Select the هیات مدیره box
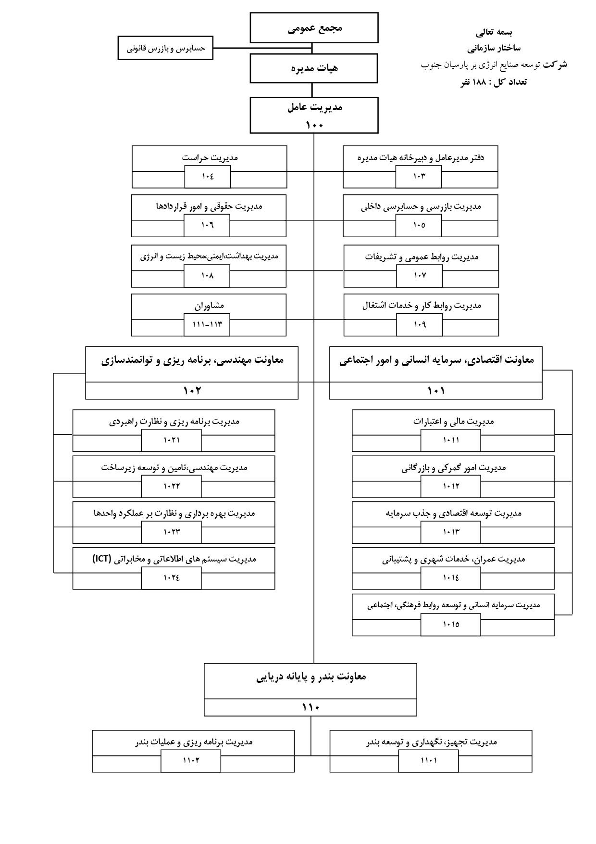314,68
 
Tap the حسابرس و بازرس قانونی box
165,49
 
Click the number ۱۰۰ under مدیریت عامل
314,125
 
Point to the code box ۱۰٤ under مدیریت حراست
208,177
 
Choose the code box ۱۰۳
419,177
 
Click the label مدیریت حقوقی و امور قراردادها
209,206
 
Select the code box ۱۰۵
419,225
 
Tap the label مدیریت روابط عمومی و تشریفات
422,256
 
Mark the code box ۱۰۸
207,276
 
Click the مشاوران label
209,306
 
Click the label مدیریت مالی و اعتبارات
453,422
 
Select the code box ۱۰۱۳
451,532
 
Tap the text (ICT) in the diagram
102,559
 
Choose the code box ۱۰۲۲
172,486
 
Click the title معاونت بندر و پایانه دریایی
310,677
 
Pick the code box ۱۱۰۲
191,761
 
